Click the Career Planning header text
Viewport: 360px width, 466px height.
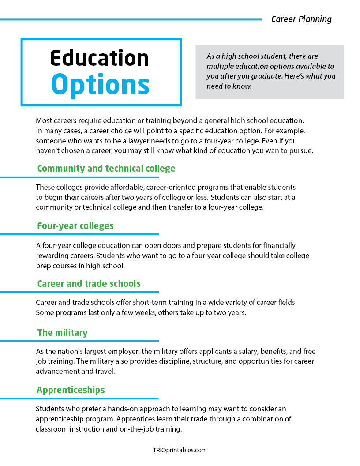pos(301,19)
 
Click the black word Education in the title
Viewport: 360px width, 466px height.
pos(99,58)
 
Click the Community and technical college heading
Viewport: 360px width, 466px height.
pos(106,169)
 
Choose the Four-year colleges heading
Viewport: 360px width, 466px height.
pos(75,226)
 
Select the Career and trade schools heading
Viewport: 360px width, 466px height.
pos(89,283)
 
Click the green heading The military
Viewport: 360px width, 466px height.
pos(62,332)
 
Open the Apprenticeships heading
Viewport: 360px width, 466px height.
pos(71,390)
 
